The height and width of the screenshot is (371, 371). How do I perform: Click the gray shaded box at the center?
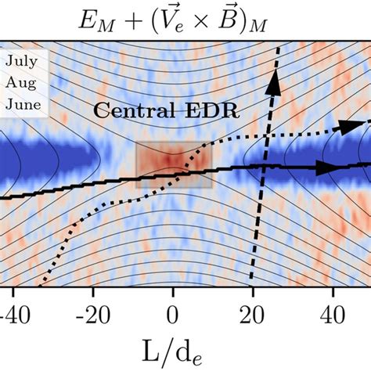coord(173,165)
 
